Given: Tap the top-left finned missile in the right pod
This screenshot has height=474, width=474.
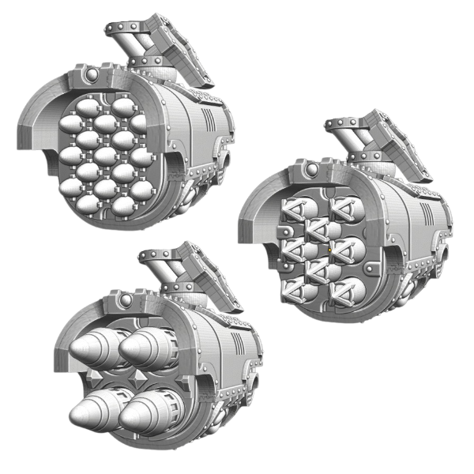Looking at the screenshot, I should point(295,209).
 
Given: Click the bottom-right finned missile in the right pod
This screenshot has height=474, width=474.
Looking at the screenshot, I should point(348,292).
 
